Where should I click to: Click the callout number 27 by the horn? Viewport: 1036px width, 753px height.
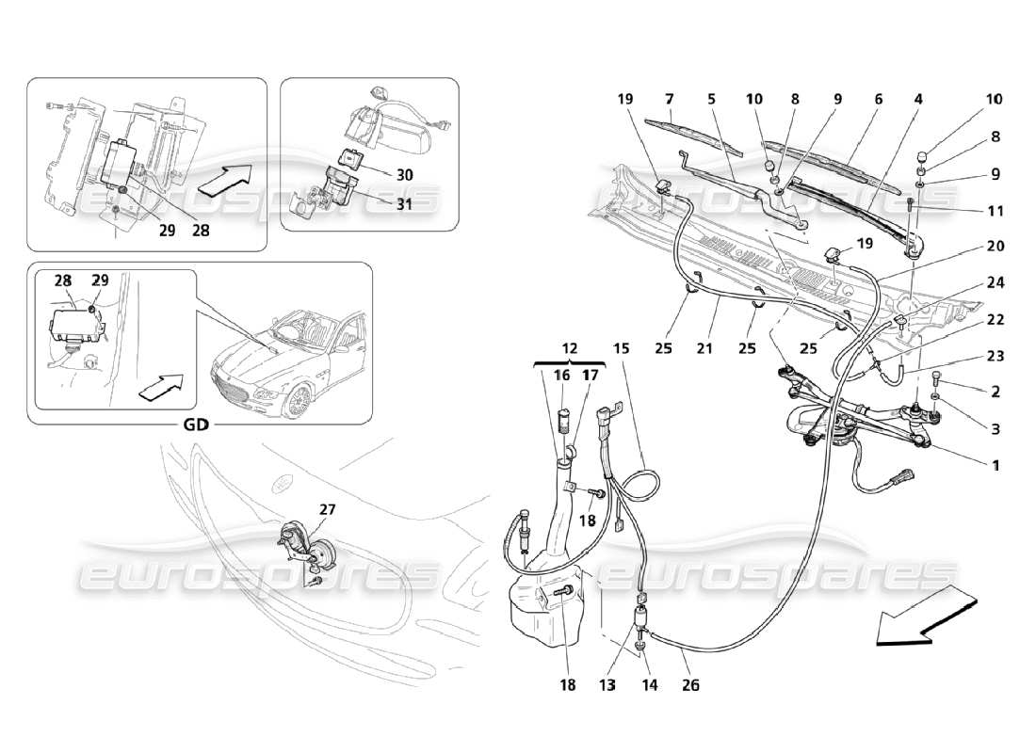pos(326,509)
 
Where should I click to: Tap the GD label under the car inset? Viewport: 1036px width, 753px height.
pos(196,424)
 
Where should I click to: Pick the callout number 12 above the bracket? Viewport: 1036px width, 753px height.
pos(570,348)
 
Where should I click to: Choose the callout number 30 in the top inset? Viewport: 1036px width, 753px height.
pos(404,174)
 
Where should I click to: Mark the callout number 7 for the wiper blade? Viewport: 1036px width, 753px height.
pos(670,99)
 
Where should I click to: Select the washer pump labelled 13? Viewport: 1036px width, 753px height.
pos(644,623)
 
